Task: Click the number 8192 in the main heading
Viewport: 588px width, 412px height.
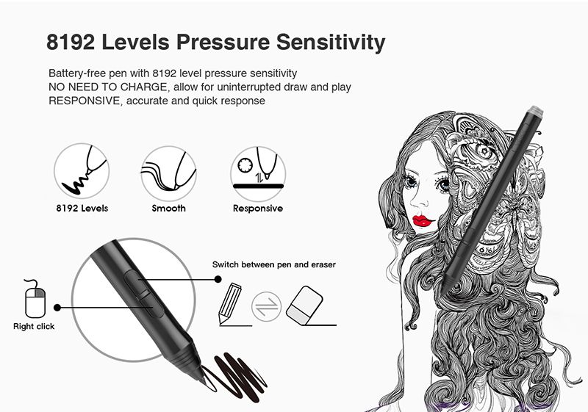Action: point(71,42)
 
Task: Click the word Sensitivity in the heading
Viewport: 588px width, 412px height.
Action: point(331,43)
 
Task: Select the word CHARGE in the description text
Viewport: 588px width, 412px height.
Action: point(143,87)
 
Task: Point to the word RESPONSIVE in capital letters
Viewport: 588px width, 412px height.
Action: point(84,101)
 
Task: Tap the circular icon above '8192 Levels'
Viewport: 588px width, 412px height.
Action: point(82,171)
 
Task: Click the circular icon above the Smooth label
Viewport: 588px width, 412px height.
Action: point(169,173)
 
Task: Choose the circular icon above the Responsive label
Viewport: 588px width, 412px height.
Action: point(258,173)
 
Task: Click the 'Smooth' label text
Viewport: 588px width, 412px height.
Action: point(169,209)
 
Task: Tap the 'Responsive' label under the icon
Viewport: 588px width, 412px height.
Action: point(258,209)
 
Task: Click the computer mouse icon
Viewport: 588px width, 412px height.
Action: point(35,299)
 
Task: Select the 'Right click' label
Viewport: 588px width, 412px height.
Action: point(34,326)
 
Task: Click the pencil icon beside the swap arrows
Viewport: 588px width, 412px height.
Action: point(229,303)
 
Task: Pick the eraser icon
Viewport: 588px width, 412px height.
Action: point(304,306)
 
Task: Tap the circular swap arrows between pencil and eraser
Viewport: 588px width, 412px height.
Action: point(266,307)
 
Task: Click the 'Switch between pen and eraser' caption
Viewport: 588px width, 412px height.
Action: point(274,264)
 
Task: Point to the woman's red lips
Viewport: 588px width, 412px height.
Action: point(423,220)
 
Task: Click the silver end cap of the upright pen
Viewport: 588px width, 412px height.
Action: point(535,111)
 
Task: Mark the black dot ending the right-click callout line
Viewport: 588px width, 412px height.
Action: point(57,308)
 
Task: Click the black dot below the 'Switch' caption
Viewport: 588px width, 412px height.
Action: point(218,279)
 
